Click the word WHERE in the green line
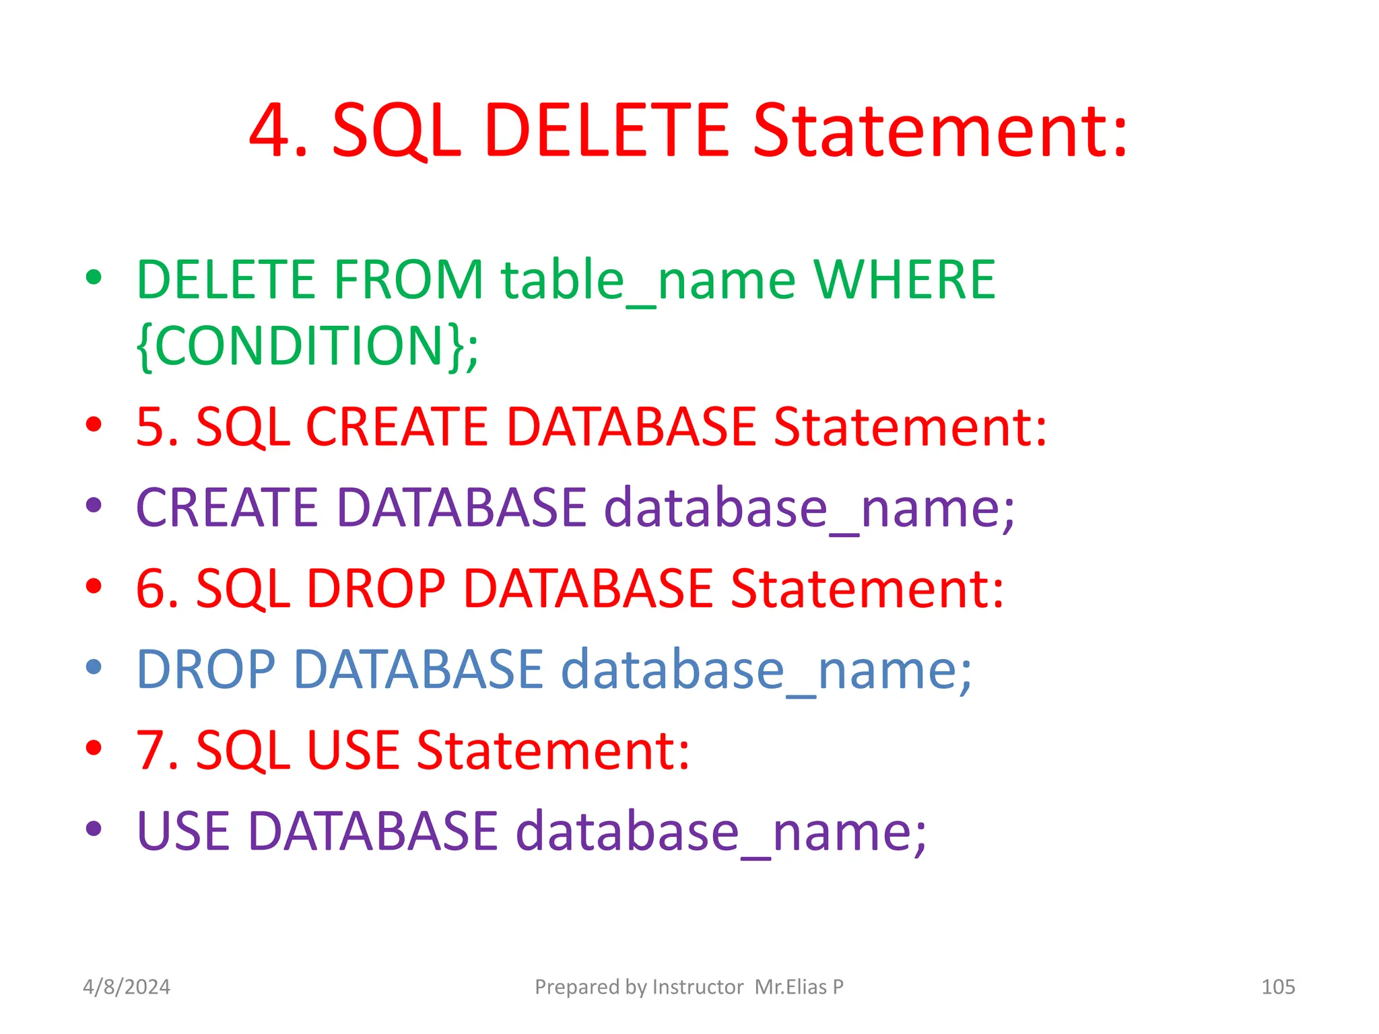[904, 279]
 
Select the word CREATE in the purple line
[226, 508]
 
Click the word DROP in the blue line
[205, 669]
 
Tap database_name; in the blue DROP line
[766, 669]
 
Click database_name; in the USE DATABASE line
[721, 831]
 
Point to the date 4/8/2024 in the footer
[127, 987]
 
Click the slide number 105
[1277, 987]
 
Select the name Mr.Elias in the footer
[791, 987]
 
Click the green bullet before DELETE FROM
[94, 277]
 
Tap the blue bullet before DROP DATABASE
[94, 667]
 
